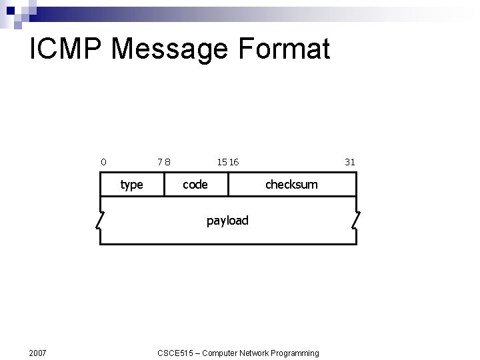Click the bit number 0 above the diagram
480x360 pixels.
point(103,161)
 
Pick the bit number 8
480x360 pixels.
point(167,161)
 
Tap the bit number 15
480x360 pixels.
point(221,161)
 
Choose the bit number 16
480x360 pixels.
point(233,161)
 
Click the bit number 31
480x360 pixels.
point(350,161)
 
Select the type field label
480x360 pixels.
point(131,185)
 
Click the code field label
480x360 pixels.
point(195,185)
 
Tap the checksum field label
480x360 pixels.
point(291,185)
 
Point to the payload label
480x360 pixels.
point(227,221)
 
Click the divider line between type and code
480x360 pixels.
point(164,185)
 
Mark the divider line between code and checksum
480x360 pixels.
point(228,185)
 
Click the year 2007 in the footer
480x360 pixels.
point(38,353)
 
